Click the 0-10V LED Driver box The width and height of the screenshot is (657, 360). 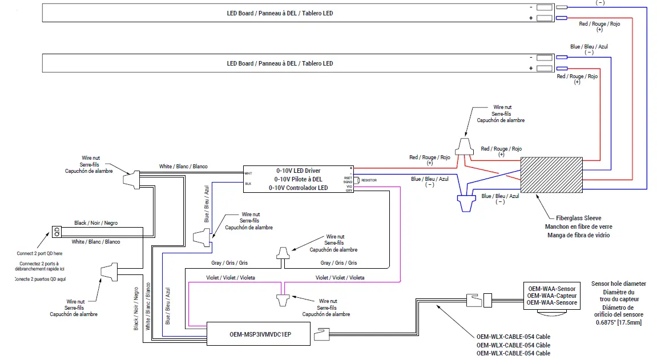(x=298, y=179)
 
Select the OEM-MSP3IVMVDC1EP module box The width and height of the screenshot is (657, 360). (x=260, y=333)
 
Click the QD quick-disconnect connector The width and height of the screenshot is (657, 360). (x=57, y=232)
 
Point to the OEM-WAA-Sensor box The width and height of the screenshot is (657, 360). (x=551, y=296)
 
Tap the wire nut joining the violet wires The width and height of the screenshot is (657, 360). (x=281, y=298)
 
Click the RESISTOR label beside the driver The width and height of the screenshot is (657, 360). (x=369, y=180)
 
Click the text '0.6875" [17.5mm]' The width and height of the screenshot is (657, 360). (x=619, y=323)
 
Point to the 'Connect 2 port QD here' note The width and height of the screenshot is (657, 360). (x=40, y=253)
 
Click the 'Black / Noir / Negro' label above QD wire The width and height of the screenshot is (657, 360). (x=95, y=223)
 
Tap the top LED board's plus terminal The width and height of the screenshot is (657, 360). (x=545, y=18)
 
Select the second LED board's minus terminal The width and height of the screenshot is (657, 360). (x=545, y=57)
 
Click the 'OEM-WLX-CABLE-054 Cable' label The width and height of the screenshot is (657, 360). (x=513, y=337)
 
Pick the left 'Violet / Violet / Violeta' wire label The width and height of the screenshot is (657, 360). (x=230, y=278)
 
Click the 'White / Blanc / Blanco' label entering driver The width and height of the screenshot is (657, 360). (x=183, y=167)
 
